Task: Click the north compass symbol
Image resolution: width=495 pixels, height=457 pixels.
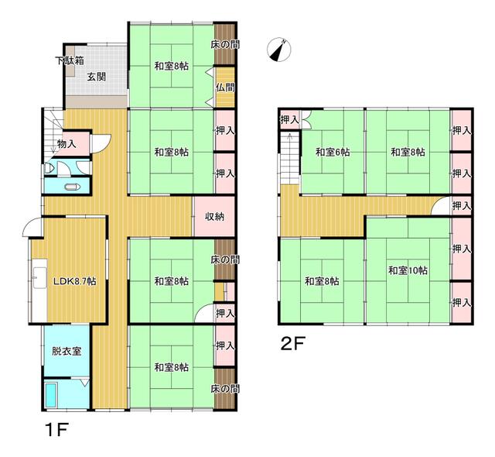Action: (279, 50)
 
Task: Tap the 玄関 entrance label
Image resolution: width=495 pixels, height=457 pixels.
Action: (96, 77)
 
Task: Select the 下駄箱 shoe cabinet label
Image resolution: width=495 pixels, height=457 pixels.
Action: (70, 60)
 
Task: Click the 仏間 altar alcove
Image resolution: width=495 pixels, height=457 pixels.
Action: (225, 87)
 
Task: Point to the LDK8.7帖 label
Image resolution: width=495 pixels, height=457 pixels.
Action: (74, 280)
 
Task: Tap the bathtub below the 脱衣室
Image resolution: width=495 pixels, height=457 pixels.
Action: (50, 395)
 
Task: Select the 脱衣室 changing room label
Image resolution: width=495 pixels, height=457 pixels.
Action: (67, 351)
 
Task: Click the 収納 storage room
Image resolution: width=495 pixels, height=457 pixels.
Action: (214, 216)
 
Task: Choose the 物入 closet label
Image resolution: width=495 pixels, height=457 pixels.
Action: (67, 144)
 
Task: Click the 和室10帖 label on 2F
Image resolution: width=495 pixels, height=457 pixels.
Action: (408, 270)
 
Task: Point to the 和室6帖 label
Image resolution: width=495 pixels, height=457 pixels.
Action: (333, 153)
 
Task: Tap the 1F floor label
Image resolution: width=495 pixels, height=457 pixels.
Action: (56, 430)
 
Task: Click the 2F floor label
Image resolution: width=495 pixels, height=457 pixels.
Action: (292, 344)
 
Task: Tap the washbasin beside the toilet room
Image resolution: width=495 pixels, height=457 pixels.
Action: (47, 168)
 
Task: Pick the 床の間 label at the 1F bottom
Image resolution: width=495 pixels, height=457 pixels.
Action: (225, 388)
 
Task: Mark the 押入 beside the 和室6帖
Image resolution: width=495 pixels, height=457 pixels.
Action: (290, 119)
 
